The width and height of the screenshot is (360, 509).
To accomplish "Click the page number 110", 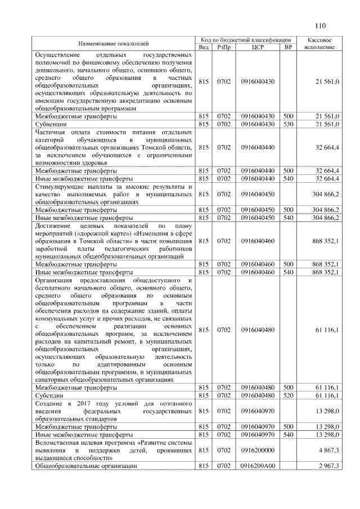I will [321, 25].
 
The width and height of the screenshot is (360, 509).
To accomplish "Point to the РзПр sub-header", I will [223, 47].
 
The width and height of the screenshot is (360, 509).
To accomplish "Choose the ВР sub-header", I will [289, 47].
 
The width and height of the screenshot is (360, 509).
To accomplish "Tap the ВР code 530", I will [289, 123].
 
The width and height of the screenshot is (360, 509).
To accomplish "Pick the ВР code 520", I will [289, 395].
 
